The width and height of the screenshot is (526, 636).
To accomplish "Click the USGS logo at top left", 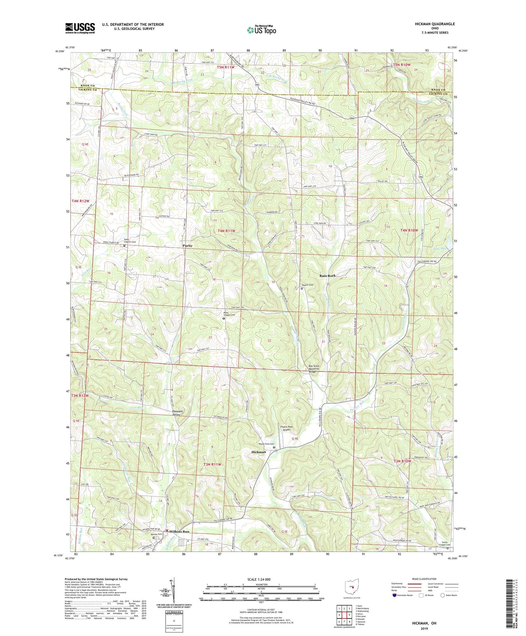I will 80,28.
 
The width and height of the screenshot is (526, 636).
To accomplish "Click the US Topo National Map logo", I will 262,30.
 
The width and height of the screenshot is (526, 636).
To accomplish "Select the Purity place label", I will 187,246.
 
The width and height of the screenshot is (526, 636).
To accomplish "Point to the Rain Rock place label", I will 327,276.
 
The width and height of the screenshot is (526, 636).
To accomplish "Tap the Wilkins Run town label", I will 179,531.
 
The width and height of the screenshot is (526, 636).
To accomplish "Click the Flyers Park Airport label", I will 286,428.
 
